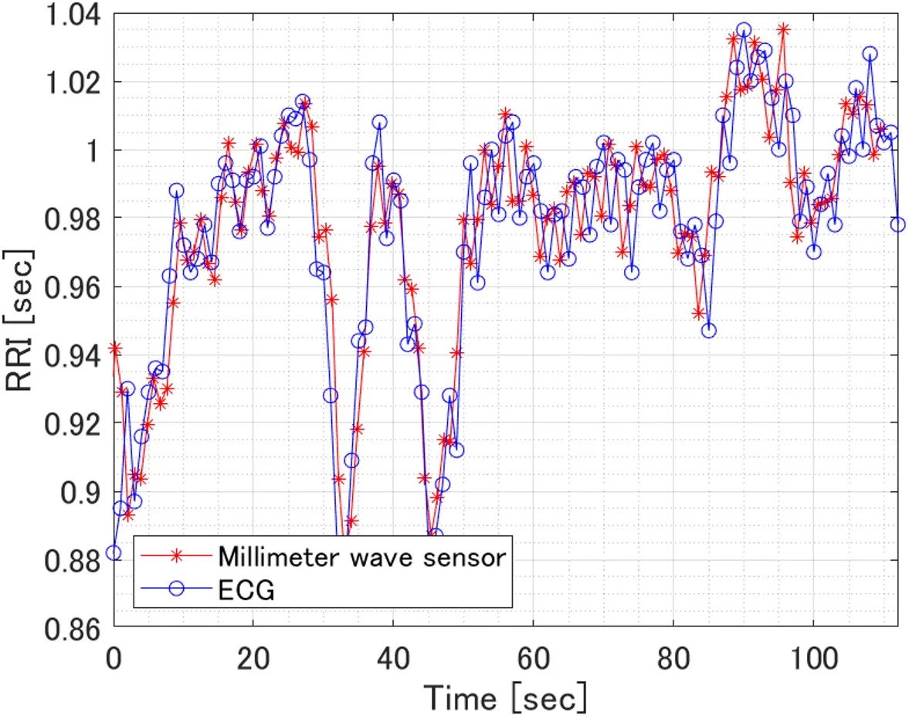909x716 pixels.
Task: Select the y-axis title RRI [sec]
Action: [20, 320]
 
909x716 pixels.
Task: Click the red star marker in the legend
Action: [177, 555]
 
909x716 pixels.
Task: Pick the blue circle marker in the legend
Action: [177, 589]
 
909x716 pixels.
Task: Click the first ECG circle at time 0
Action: [114, 552]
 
